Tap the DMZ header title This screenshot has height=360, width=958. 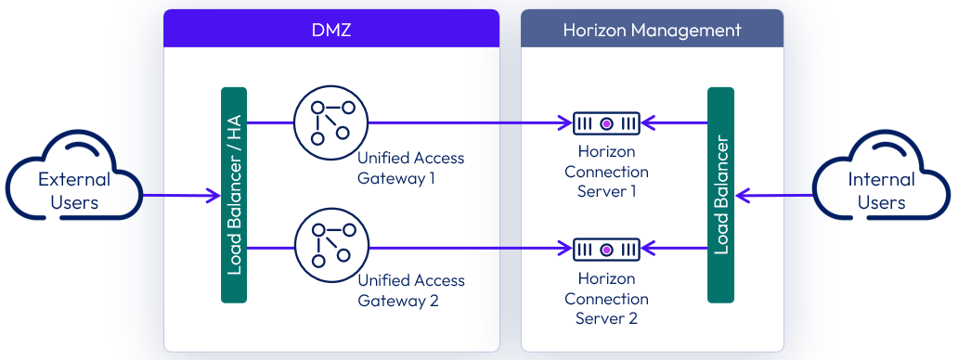(x=331, y=30)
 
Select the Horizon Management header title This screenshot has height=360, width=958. (x=652, y=30)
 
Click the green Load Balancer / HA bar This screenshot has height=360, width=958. (x=234, y=195)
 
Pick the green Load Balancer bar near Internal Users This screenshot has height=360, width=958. (x=720, y=195)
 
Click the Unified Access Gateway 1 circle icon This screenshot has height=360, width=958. (x=330, y=122)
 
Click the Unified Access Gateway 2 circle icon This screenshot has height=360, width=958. (x=330, y=248)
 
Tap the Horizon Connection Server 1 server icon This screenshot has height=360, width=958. (x=606, y=122)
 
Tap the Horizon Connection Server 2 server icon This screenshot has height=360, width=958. (x=606, y=249)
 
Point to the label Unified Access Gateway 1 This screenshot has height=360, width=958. (x=410, y=168)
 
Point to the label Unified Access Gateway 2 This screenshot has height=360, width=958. (x=410, y=290)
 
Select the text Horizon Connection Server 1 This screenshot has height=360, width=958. (x=606, y=171)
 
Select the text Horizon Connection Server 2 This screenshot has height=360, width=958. (x=606, y=298)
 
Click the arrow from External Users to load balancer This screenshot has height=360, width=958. (x=181, y=196)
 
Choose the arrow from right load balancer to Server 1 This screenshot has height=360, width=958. (x=675, y=122)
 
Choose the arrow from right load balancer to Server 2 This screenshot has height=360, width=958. (x=675, y=249)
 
